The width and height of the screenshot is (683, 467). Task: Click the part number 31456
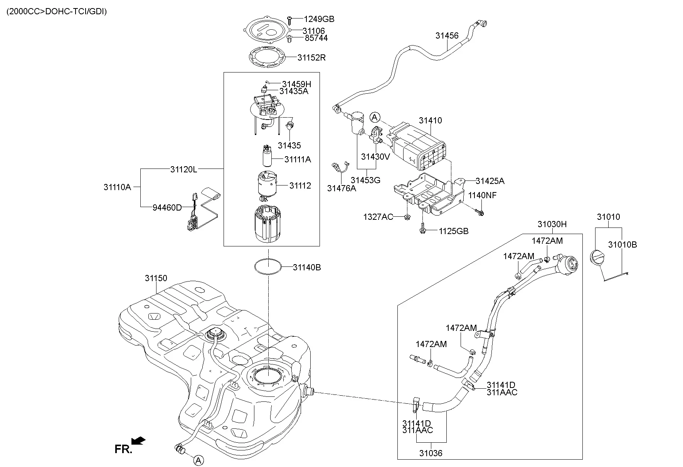(x=447, y=36)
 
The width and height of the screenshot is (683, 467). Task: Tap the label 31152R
(x=311, y=58)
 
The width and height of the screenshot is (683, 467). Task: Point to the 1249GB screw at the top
(x=290, y=19)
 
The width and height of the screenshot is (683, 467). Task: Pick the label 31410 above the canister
(x=431, y=120)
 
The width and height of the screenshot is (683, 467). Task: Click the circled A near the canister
(x=375, y=117)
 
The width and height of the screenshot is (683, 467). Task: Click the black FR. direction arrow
(x=138, y=440)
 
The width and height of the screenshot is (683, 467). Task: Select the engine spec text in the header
(x=57, y=12)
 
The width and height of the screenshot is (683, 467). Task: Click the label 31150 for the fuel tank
(x=156, y=278)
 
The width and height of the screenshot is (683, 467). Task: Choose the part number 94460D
(x=167, y=207)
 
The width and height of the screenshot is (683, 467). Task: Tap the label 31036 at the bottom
(x=431, y=453)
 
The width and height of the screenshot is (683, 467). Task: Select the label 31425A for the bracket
(x=490, y=181)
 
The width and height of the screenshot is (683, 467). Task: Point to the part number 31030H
(x=552, y=224)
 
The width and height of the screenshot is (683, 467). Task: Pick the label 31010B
(x=622, y=244)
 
